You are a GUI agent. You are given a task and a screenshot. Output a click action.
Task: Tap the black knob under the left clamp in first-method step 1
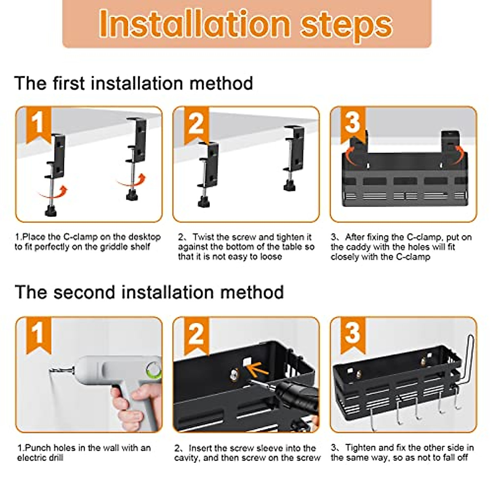click(51, 210)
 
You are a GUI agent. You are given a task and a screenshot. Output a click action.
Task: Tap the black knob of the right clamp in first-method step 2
click(290, 185)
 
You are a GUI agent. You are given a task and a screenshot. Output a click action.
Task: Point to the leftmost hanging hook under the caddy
click(373, 419)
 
